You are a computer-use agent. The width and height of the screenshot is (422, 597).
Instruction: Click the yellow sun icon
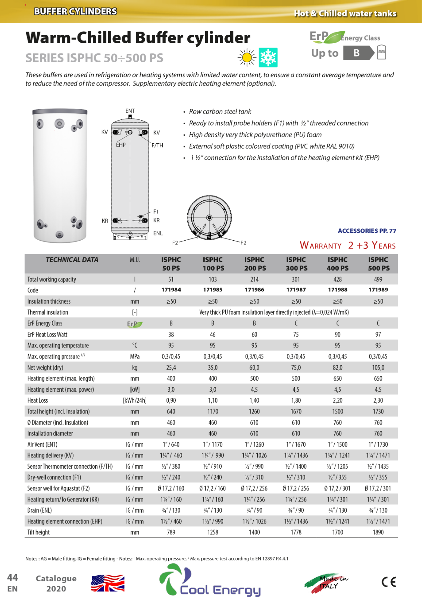point(247,57)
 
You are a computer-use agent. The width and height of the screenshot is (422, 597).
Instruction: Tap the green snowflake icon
point(268,57)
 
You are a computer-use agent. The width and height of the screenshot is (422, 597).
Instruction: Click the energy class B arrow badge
point(358,53)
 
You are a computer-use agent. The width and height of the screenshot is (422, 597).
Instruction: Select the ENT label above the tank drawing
point(130,111)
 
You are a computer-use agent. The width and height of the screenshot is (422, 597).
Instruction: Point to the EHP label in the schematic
point(121,145)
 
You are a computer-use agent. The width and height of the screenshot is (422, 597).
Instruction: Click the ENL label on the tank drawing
point(158,233)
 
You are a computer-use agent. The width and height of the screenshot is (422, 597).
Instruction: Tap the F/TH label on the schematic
point(157,146)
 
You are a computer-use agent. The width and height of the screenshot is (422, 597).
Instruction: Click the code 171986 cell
point(254,290)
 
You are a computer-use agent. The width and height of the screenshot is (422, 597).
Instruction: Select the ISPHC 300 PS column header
point(296,264)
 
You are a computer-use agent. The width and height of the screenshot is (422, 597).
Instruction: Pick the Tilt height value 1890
point(378,532)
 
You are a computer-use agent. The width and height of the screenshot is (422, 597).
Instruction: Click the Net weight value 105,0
point(378,368)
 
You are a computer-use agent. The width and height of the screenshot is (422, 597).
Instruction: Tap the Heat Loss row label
point(38,400)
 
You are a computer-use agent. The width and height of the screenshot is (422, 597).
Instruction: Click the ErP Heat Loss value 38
point(171,335)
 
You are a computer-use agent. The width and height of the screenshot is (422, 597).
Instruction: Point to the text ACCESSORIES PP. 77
point(367,231)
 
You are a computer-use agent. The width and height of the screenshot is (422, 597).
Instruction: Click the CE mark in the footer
point(389,582)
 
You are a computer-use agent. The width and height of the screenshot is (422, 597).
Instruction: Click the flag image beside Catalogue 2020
point(108,583)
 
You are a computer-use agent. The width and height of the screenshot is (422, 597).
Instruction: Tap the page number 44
point(12,578)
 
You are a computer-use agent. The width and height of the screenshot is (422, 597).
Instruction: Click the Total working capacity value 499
point(378,279)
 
